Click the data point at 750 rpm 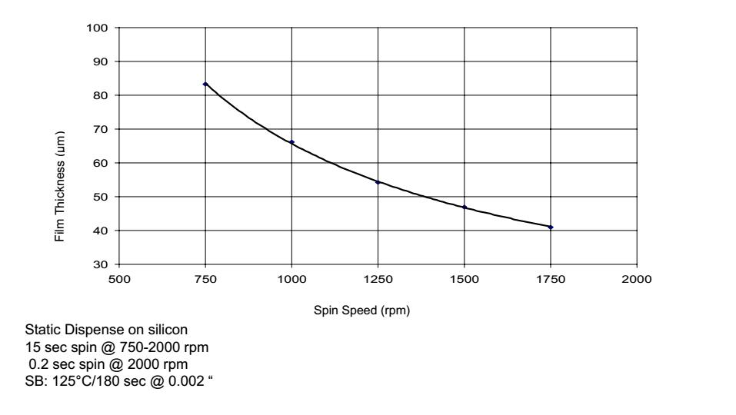[205, 84]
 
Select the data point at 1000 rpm [291, 142]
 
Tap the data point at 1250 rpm [378, 182]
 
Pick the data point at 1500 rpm [465, 207]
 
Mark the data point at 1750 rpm [551, 227]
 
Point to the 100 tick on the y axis [102, 28]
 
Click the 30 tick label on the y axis [105, 264]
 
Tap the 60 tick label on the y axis [105, 163]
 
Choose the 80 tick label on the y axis [105, 95]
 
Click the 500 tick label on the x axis [119, 278]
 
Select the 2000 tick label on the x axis [637, 278]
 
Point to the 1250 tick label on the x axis [378, 278]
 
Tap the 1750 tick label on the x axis [551, 278]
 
